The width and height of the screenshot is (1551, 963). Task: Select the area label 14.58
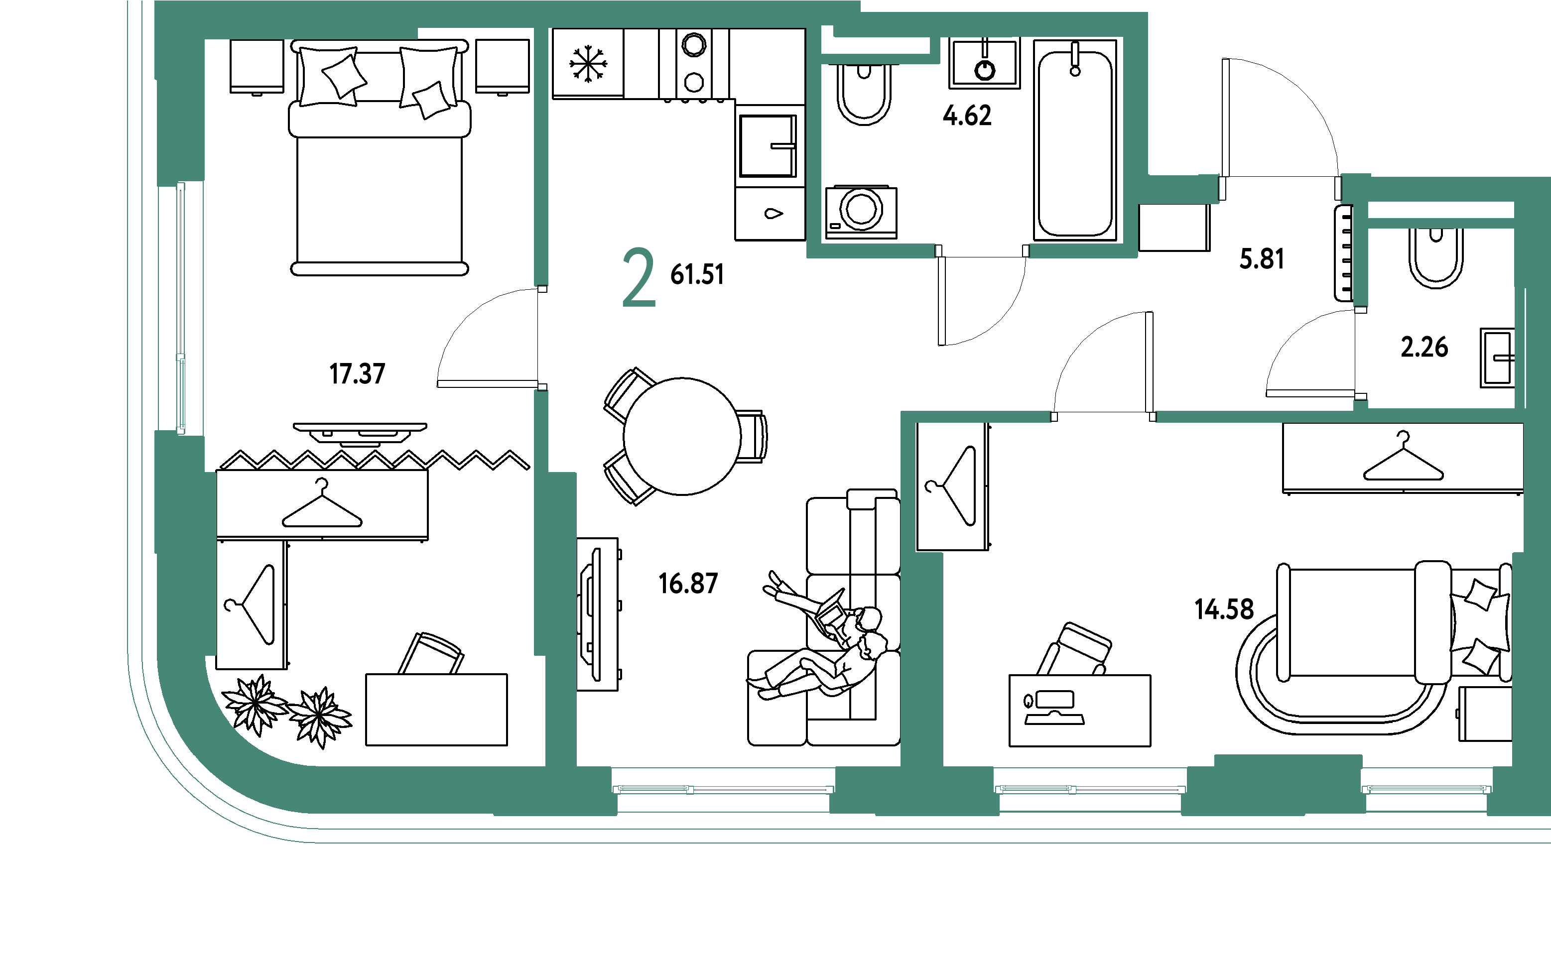click(1224, 609)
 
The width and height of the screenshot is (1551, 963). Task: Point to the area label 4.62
click(967, 116)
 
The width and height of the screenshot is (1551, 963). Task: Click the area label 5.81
click(1262, 258)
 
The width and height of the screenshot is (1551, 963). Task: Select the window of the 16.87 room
click(723, 790)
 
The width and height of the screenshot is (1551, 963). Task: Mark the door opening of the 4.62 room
click(982, 251)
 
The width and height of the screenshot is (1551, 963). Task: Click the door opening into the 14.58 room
click(1103, 417)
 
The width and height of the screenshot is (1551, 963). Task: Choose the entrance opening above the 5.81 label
click(1280, 189)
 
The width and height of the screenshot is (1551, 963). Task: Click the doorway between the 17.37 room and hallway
click(541, 338)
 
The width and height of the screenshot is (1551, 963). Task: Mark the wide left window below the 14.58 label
click(1090, 790)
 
